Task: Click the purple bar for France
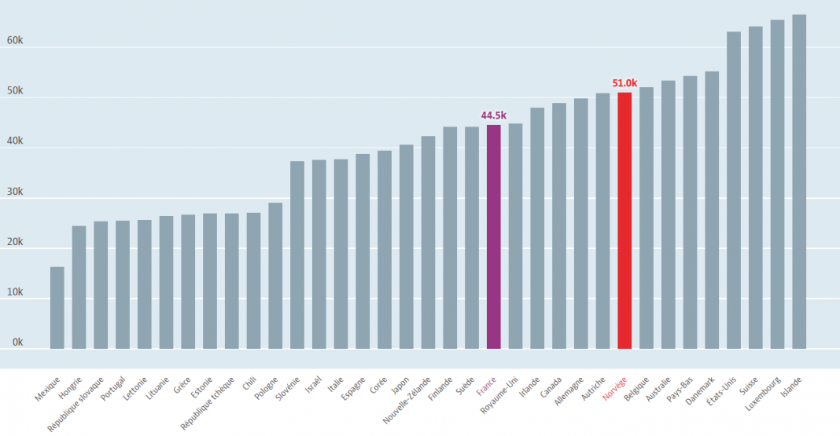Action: (x=493, y=236)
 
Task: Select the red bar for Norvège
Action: (x=624, y=221)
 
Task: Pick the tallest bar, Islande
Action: (x=799, y=181)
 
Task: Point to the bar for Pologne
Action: (x=275, y=276)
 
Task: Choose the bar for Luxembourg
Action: (x=777, y=184)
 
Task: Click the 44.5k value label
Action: (x=493, y=115)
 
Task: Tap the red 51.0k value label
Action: (x=624, y=82)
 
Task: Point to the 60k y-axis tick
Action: (x=15, y=41)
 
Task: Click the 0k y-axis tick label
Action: (x=17, y=343)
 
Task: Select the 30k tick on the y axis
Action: (x=15, y=192)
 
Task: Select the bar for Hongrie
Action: (x=79, y=288)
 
